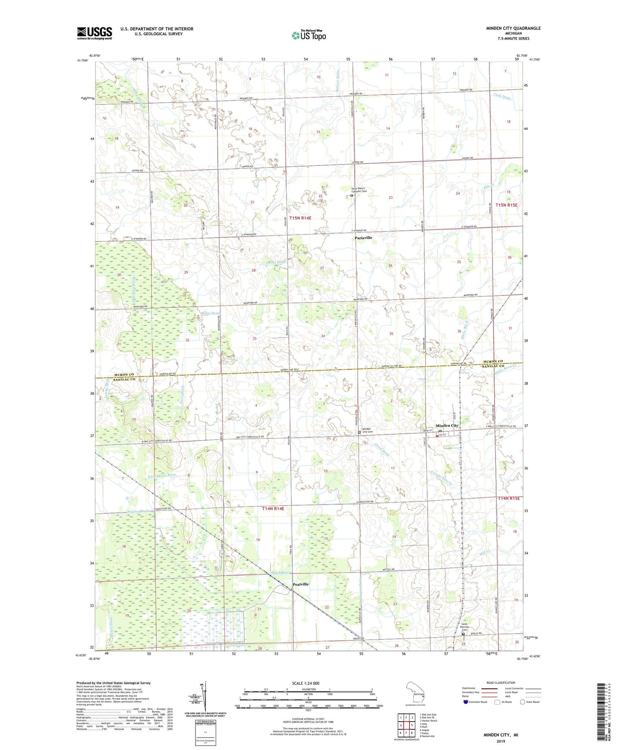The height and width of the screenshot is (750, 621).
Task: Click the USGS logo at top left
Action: click(95, 33)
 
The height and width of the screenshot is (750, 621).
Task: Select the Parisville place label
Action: click(363, 238)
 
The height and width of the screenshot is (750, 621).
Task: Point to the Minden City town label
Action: click(447, 426)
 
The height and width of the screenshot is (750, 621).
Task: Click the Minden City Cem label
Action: click(367, 430)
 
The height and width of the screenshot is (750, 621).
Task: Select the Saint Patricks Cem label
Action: click(462, 627)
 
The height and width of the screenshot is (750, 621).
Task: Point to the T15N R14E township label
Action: click(300, 218)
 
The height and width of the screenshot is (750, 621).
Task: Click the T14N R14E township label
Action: click(273, 509)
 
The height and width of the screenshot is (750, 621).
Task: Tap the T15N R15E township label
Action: click(506, 205)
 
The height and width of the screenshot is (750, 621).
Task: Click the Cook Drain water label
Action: click(502, 97)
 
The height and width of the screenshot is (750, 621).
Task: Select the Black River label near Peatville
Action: click(281, 573)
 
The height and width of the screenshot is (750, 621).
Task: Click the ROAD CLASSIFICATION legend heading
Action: click(501, 683)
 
